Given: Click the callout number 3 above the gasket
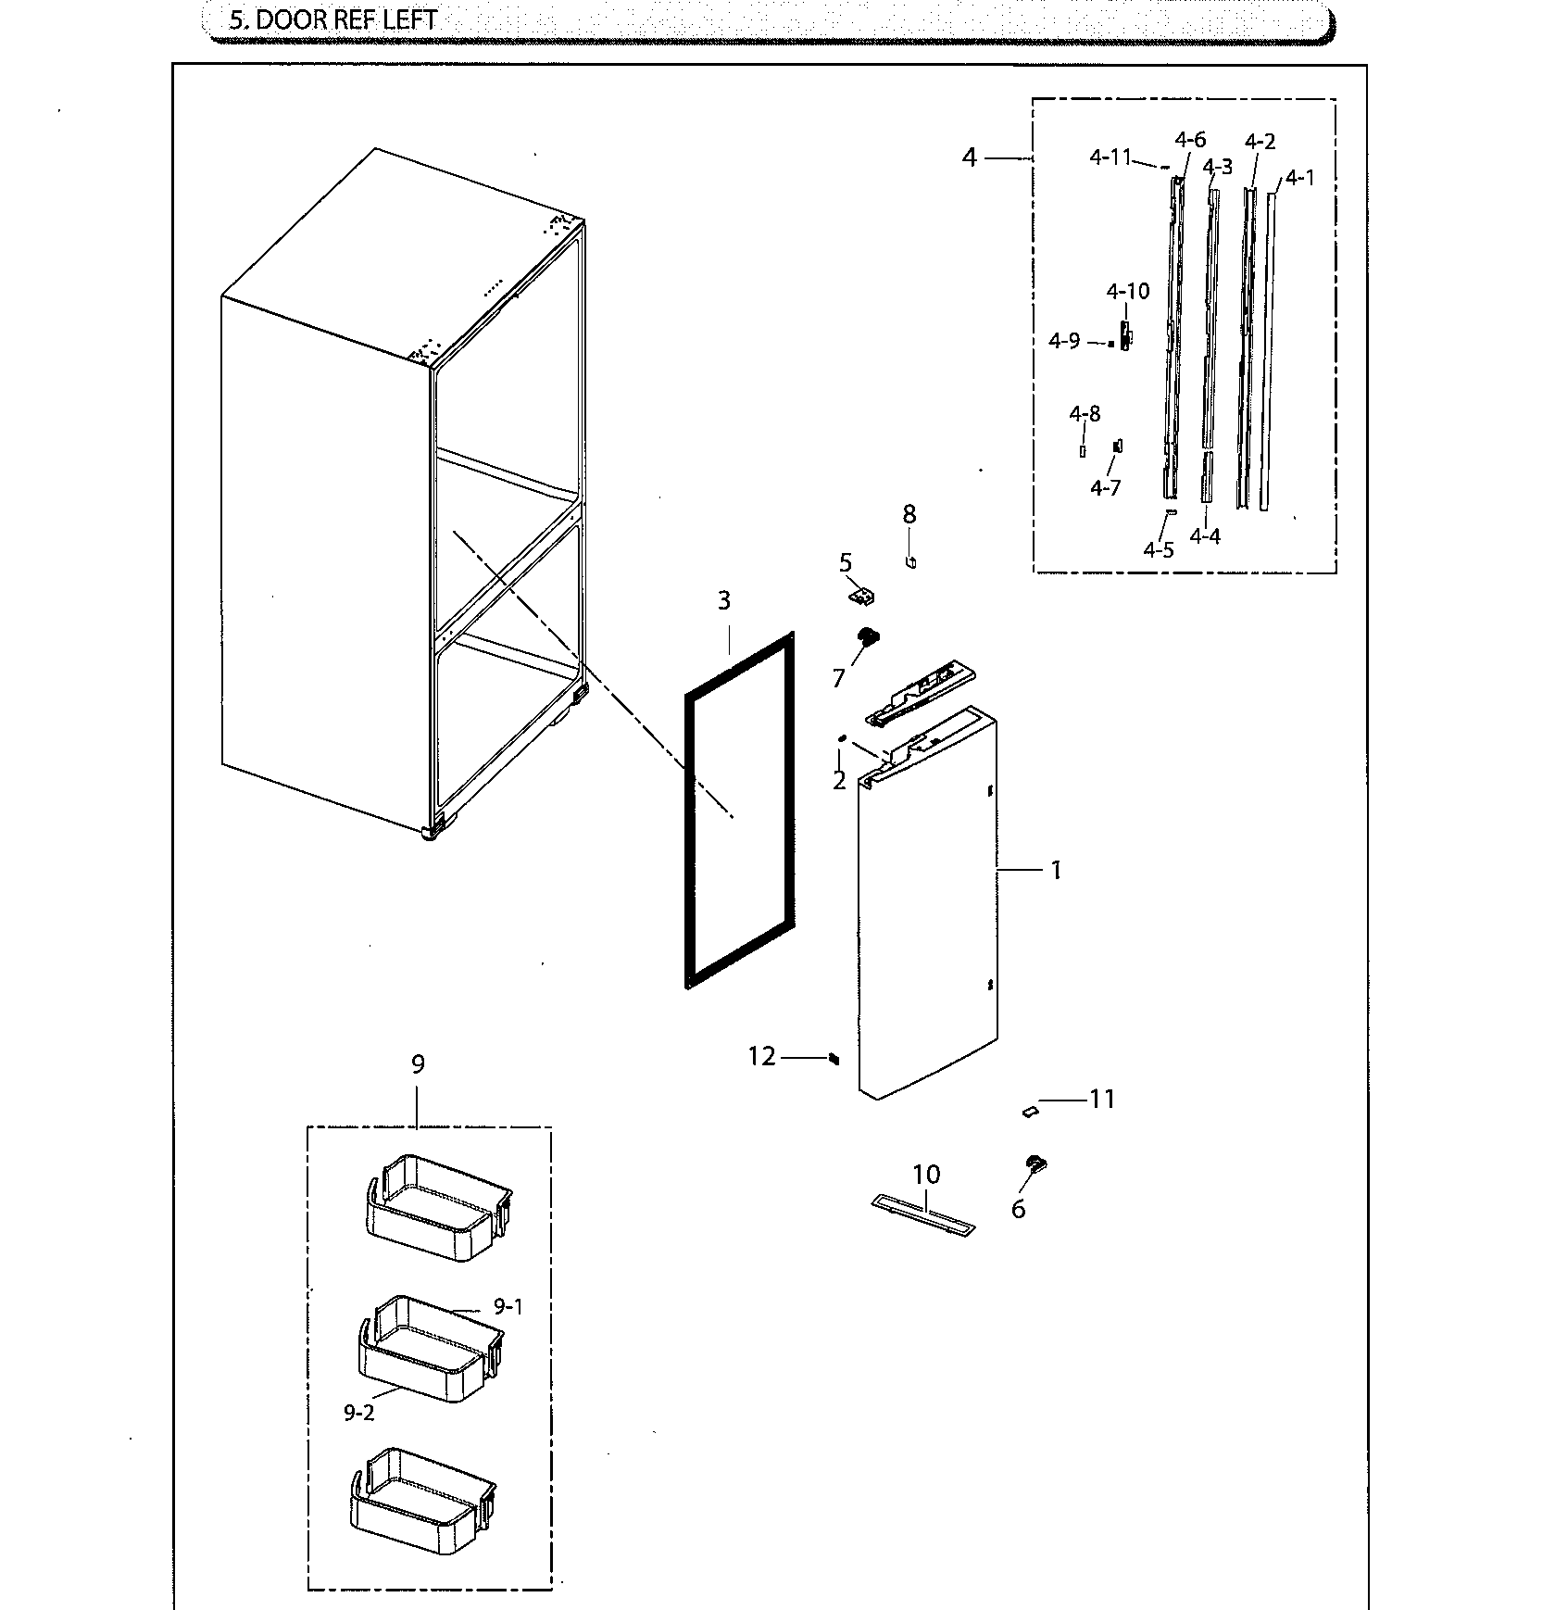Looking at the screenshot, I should (x=724, y=600).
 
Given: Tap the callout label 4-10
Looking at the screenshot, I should (x=1127, y=292).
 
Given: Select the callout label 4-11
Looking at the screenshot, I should (x=1110, y=157).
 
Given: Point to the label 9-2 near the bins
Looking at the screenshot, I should (x=358, y=1439).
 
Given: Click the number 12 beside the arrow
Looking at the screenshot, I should (x=762, y=1056).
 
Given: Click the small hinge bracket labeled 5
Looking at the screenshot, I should (x=863, y=597).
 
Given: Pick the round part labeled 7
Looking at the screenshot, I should (x=870, y=637).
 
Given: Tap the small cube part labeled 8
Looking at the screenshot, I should (x=911, y=560).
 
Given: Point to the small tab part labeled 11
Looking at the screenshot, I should (x=1029, y=1109).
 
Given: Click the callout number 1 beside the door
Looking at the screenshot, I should (x=1054, y=870).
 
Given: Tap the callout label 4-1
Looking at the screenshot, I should (x=1299, y=178).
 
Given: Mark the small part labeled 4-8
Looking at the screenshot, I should (x=1082, y=451).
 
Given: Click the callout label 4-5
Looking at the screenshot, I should (x=1158, y=549).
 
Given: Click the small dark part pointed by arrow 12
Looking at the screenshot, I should (x=834, y=1058).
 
